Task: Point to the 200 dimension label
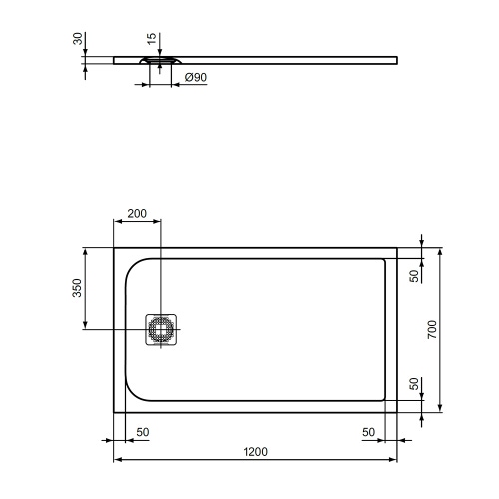pyautogui.click(x=137, y=213)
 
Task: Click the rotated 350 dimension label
pyautogui.click(x=76, y=289)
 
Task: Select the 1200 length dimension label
pyautogui.click(x=255, y=452)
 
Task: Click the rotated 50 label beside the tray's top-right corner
pyautogui.click(x=414, y=276)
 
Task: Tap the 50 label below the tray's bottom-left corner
pyautogui.click(x=142, y=431)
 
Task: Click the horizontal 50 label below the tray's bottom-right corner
pyautogui.click(x=369, y=431)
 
